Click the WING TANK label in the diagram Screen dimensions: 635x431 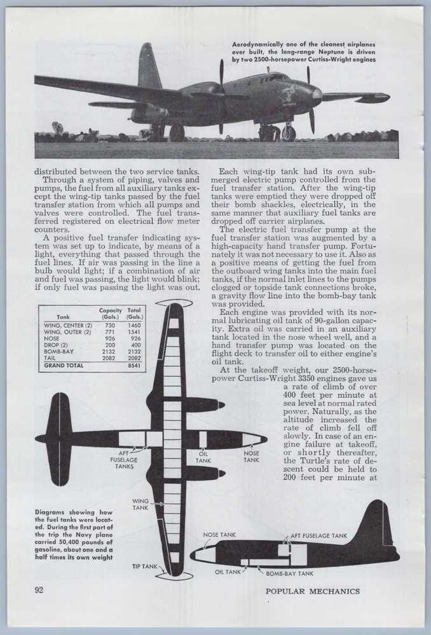coord(140,504)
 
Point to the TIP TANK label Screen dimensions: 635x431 coord(144,565)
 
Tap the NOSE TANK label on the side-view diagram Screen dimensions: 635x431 coord(219,535)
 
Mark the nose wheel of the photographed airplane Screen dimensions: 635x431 coord(289,133)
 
